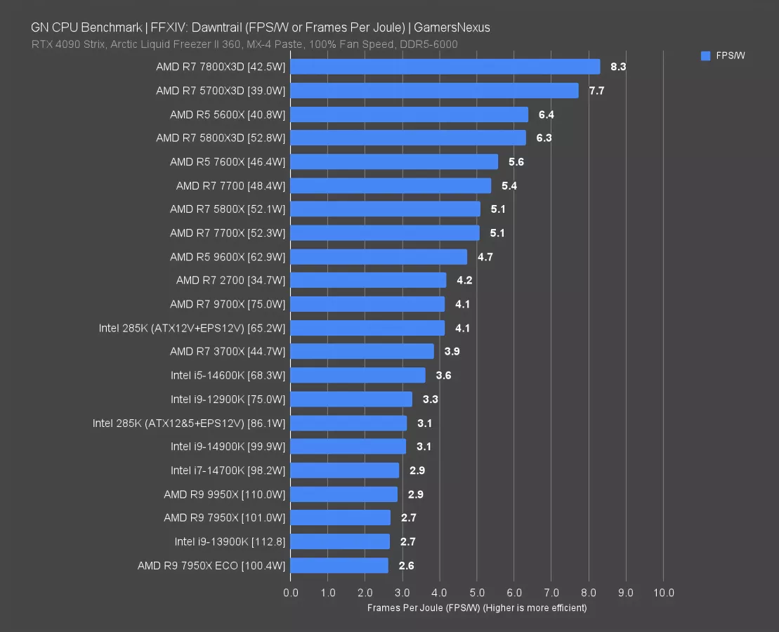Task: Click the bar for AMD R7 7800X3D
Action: pos(445,67)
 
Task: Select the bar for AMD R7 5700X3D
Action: pos(434,91)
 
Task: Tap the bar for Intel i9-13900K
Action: pos(339,541)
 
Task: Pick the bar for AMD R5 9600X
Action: pos(378,256)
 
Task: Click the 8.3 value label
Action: pos(618,67)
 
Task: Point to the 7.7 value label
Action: pos(596,91)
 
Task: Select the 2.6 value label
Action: pos(407,565)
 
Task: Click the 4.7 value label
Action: pos(485,257)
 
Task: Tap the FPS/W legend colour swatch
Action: pos(706,56)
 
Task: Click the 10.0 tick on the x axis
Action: pos(663,593)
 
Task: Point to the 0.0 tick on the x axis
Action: pos(290,593)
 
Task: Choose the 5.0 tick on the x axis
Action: pos(477,593)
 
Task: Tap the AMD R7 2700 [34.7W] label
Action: pos(230,280)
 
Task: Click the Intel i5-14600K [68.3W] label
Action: pos(228,375)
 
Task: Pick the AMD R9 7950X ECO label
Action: pos(211,565)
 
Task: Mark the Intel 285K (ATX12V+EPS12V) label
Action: pos(192,328)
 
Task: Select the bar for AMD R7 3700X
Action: pos(362,351)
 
